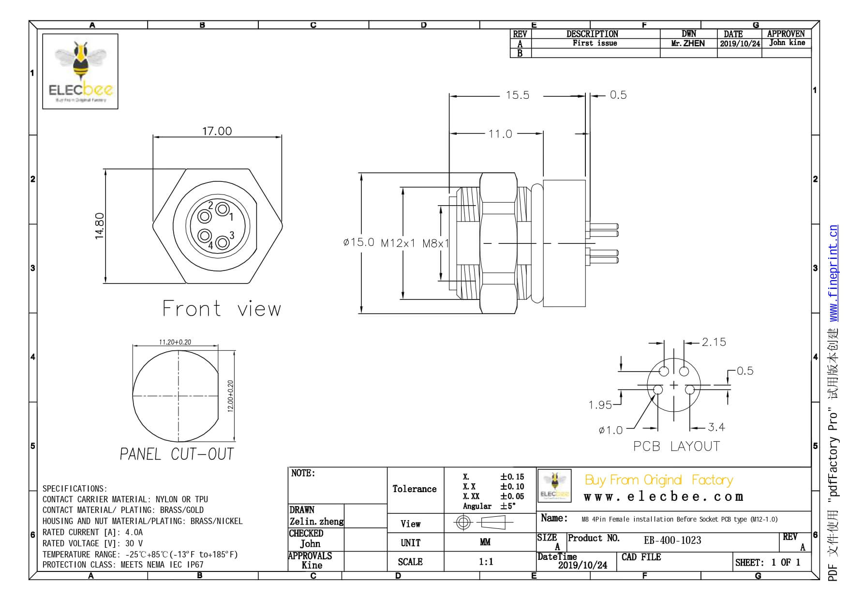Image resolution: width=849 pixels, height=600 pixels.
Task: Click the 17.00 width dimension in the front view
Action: pos(217,131)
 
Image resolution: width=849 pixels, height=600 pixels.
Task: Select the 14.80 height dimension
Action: pos(99,226)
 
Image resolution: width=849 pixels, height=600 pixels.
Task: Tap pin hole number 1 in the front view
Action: pos(222,210)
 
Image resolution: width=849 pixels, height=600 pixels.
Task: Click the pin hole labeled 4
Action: pos(205,236)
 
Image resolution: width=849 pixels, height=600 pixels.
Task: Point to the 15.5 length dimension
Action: pos(517,95)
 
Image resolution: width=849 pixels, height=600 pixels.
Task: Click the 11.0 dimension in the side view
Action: pos(500,134)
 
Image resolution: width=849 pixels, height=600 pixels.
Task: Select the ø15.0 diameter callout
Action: pos(358,242)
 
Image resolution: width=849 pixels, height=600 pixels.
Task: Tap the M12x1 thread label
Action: pos(398,243)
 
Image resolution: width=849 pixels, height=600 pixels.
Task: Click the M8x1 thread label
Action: pos(435,243)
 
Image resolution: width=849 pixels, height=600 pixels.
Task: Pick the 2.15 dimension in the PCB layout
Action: pos(714,342)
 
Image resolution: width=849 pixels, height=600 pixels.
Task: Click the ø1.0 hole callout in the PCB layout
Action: pos(611,430)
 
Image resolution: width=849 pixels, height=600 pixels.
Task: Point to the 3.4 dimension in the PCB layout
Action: pos(716,427)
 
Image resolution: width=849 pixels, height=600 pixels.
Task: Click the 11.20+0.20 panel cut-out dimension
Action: pos(175,342)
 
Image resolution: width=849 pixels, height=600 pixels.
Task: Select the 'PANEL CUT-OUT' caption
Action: pos(177,454)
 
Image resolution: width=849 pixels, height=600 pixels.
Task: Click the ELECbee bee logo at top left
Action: pos(80,71)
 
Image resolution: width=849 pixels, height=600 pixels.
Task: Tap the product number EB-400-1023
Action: pos(672,540)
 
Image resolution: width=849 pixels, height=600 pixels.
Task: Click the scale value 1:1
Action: pos(486,561)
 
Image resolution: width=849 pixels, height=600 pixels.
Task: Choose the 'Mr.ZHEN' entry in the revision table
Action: pos(688,44)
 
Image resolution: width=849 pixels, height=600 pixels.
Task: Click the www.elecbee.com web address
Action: pos(663,497)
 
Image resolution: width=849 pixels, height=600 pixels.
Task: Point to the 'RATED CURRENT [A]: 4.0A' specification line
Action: pos(92,532)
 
